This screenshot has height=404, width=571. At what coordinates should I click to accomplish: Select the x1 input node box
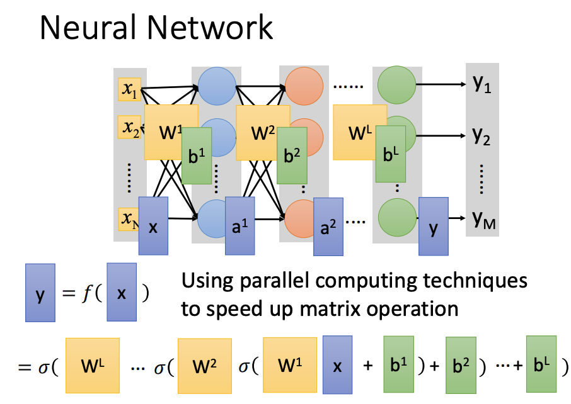click(x=130, y=89)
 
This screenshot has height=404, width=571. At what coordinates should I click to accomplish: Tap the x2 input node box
click(x=130, y=127)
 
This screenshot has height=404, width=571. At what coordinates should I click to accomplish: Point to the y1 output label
click(x=482, y=83)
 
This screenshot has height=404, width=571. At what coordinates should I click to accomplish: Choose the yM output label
click(x=483, y=218)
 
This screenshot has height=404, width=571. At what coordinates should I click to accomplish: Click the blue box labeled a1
click(x=240, y=226)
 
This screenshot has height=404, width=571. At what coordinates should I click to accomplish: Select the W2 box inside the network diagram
click(x=263, y=132)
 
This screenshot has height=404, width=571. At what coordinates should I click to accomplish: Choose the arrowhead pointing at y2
click(x=462, y=136)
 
